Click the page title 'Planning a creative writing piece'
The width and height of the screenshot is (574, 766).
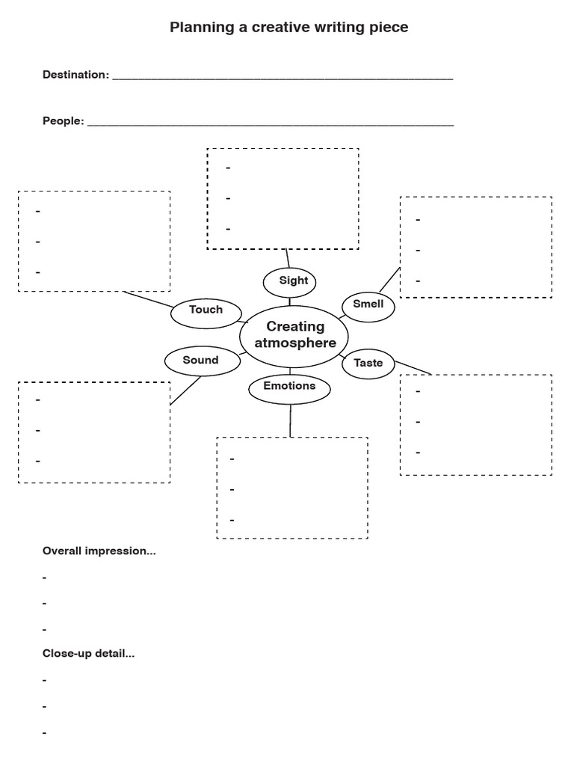coord(289,28)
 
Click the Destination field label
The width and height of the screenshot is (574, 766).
coord(75,75)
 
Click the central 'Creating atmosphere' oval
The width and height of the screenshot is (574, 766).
coord(295,334)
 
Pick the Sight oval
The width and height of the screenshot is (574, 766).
coord(290,281)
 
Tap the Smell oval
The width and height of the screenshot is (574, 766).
coord(368,304)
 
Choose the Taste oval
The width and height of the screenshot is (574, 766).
coord(368,364)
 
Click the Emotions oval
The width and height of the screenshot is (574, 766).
coord(289,387)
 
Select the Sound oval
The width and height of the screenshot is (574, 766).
coord(201,361)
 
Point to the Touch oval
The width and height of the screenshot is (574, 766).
coord(206,310)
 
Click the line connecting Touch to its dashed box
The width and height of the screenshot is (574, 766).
coord(148,299)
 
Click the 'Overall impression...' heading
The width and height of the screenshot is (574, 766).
coord(99,551)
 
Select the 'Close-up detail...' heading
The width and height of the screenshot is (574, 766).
coord(88,653)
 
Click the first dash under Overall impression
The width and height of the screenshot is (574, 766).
coord(45,578)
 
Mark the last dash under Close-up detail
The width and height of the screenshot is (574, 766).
coord(45,733)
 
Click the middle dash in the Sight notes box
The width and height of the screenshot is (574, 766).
coord(228,199)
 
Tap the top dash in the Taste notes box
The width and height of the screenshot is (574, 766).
coord(419,392)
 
